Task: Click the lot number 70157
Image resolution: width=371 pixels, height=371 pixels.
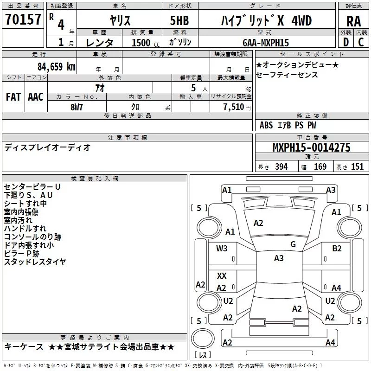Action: tap(22, 19)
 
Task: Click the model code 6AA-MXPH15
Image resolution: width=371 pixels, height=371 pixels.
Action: tap(265, 43)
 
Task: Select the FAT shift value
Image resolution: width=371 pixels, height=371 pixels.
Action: tap(13, 96)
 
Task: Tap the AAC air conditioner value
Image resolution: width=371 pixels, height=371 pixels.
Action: tap(35, 96)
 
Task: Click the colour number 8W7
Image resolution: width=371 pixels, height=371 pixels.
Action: tap(77, 107)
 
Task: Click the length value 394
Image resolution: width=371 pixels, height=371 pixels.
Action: tap(281, 167)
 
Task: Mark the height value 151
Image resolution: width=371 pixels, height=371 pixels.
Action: tap(357, 167)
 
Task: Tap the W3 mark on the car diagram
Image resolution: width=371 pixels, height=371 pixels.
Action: tap(222, 248)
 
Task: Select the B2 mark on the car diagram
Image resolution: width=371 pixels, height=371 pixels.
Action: tap(337, 248)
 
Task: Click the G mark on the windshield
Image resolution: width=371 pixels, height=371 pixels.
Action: tap(293, 244)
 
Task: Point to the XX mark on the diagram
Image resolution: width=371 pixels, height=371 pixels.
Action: tap(222, 276)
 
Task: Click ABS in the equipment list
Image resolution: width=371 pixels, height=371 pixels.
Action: tap(266, 125)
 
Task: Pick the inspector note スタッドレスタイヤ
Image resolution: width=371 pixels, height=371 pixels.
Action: tap(35, 262)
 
